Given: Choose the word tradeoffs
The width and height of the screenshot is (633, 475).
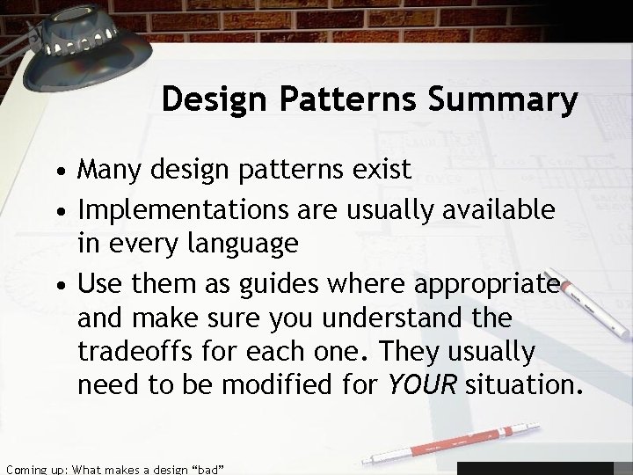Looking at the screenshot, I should (145, 351).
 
